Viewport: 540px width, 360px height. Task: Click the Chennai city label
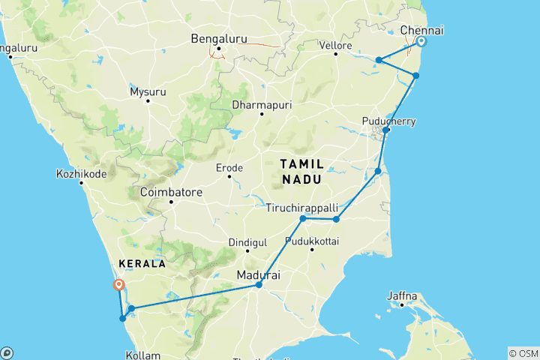click(421, 30)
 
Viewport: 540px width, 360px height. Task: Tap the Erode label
click(229, 167)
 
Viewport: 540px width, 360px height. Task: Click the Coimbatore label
click(171, 192)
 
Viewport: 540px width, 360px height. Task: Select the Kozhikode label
click(82, 174)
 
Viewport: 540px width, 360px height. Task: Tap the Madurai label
click(258, 275)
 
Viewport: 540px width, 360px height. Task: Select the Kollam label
click(142, 354)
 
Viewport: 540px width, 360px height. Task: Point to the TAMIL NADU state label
click(301, 171)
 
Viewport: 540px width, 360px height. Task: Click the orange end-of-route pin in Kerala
click(118, 285)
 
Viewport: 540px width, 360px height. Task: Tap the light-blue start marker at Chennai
click(421, 42)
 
